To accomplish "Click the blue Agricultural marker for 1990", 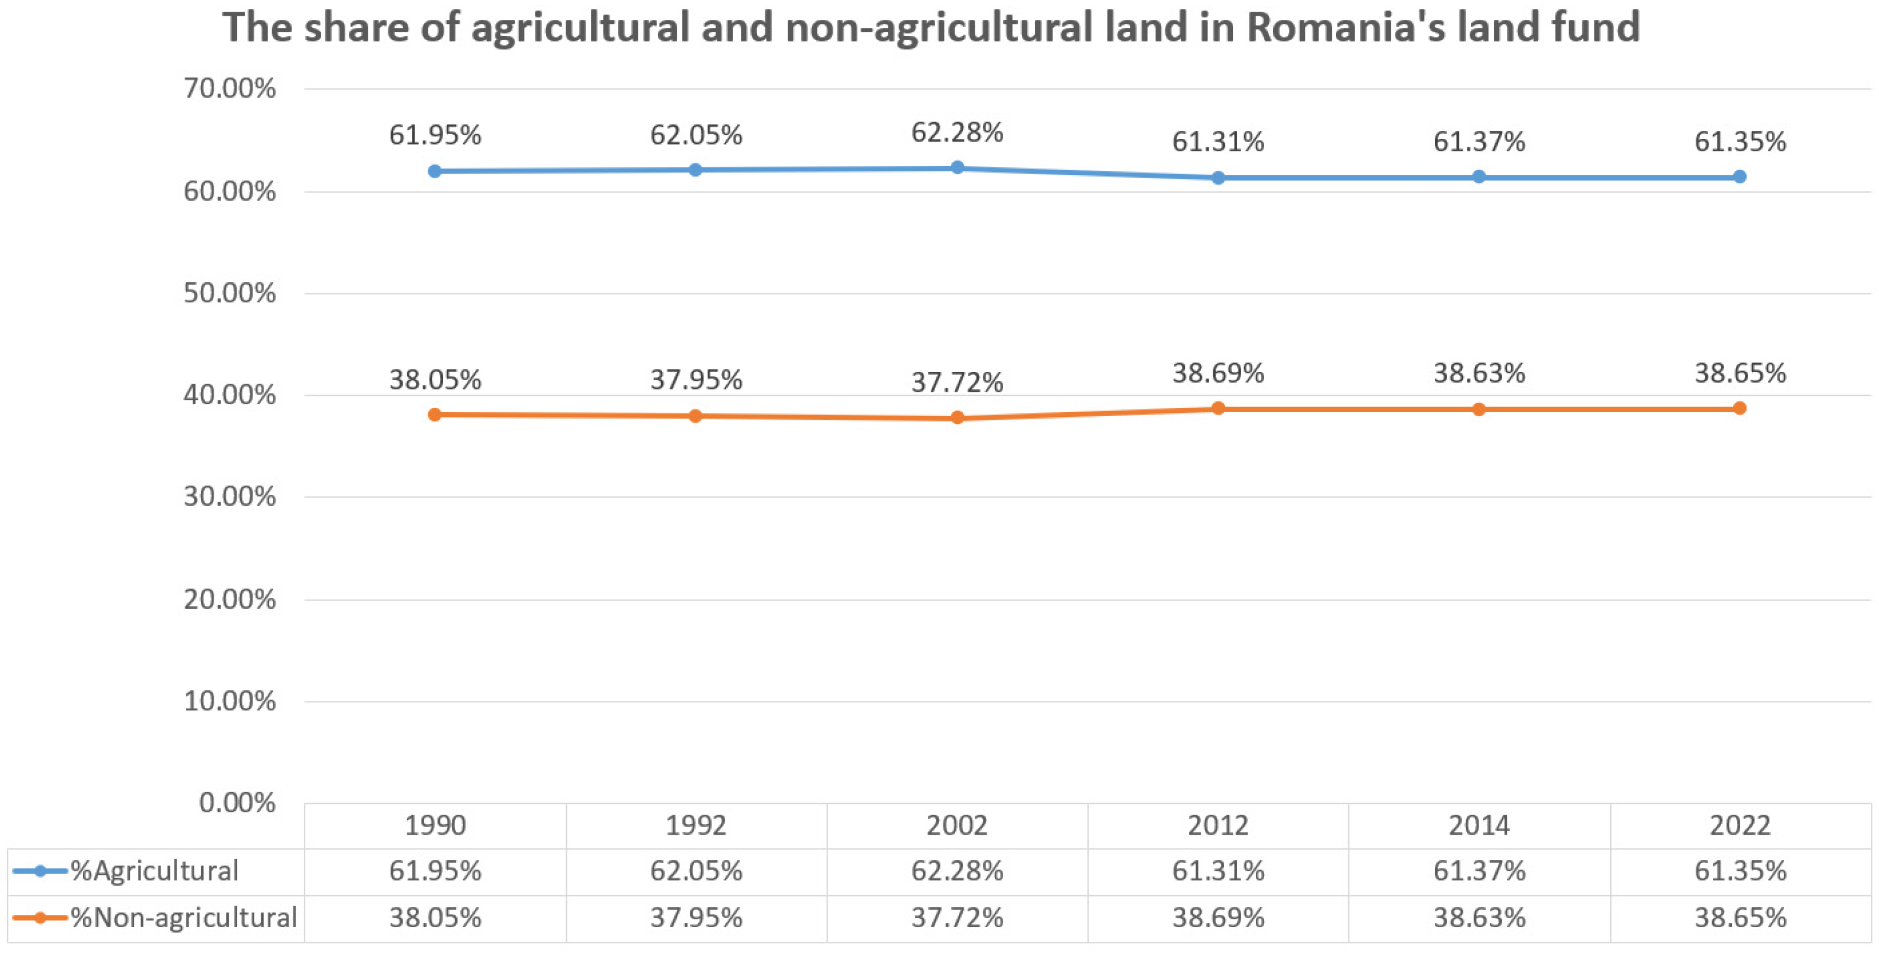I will [435, 171].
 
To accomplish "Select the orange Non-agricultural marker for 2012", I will [1217, 409].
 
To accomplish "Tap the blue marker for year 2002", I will [957, 168].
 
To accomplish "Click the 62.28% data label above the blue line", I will [957, 133].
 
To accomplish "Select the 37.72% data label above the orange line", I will [957, 382].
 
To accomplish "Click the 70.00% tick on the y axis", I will [229, 89].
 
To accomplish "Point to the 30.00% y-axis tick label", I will [229, 498].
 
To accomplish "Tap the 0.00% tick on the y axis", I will [236, 803].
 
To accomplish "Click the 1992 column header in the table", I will [696, 825].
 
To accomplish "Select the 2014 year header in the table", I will [1479, 825].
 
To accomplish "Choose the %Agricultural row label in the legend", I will [154, 871].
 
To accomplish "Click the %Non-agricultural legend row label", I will [183, 917].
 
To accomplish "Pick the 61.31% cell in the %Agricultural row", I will [1217, 871].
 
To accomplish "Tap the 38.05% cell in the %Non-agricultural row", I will [435, 917].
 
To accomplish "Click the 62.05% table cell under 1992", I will [696, 871].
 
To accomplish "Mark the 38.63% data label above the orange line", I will [1479, 374].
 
